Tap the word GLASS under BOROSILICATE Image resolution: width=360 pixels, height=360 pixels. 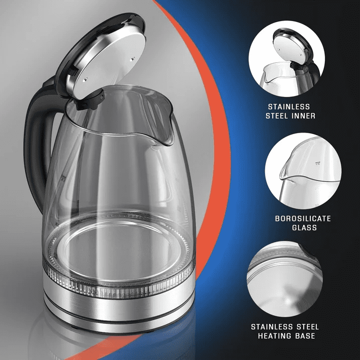303,227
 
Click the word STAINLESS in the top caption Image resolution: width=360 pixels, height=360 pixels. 289,107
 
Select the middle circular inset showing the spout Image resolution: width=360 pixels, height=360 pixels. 303,171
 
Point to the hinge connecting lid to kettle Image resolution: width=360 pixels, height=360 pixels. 86,100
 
